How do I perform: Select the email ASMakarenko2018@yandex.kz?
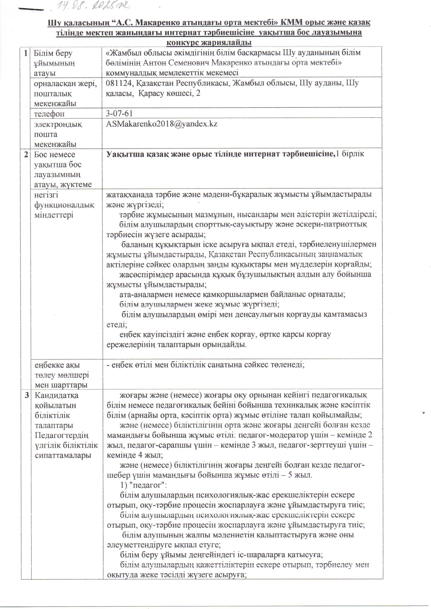click(x=162, y=124)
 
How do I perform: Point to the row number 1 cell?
click(x=26, y=53)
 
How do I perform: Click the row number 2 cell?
click(x=26, y=154)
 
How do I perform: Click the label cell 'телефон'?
click(x=49, y=114)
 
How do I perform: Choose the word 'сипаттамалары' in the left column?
click(x=63, y=455)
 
